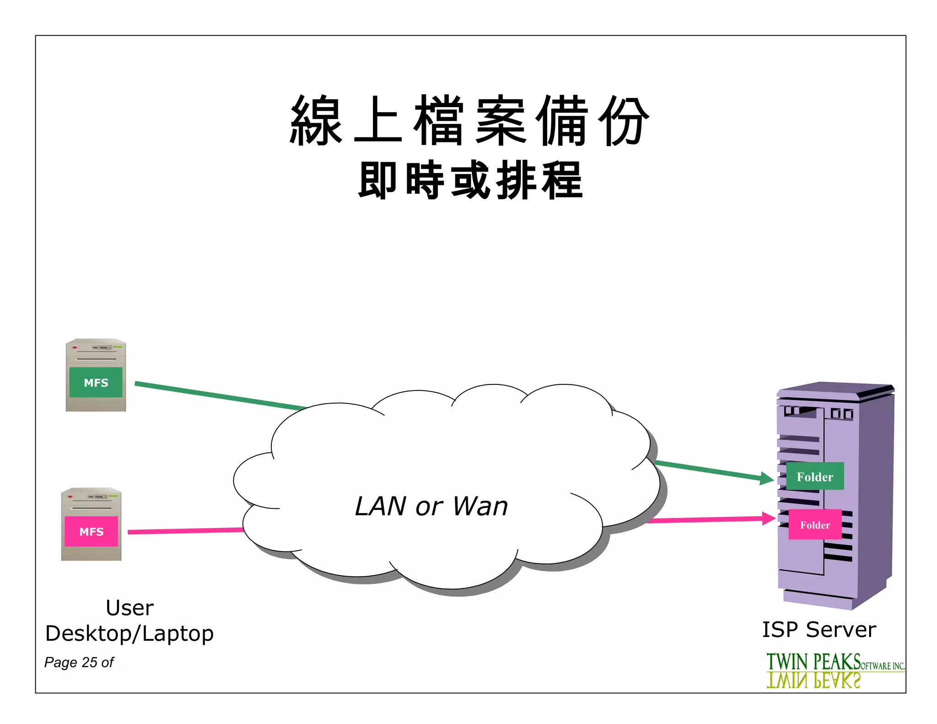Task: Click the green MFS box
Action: coord(96,382)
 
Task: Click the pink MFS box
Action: coord(91,531)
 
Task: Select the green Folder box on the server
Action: coord(815,476)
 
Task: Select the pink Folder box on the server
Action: coord(815,524)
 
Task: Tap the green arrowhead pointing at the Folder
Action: coord(766,479)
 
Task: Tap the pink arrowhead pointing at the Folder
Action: coord(768,519)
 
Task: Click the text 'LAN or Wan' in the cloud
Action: coord(431,506)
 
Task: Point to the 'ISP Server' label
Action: coord(819,629)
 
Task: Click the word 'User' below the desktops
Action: coord(129,608)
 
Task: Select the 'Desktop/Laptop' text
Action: coord(129,633)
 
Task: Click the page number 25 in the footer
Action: coord(90,662)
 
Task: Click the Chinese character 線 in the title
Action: coord(316,120)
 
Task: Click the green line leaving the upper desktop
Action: coord(220,395)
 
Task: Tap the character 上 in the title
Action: coord(378,120)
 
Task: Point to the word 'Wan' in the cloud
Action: coord(480,506)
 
